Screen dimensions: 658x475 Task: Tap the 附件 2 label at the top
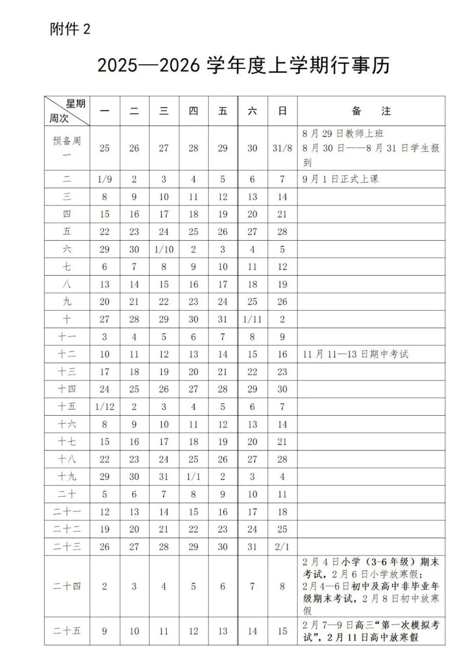70,29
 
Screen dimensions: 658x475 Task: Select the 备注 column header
371,111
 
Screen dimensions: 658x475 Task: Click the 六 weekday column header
252,111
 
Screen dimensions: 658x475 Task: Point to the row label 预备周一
67,147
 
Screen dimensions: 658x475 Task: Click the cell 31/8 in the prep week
282,148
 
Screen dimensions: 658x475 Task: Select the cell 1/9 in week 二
104,179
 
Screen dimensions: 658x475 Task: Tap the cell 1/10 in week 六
164,249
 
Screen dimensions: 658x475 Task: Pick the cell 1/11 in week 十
252,319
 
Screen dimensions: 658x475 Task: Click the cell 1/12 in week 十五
104,407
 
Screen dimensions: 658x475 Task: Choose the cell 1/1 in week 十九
193,477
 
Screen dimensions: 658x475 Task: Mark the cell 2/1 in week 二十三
282,547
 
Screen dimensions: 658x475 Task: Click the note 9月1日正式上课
340,179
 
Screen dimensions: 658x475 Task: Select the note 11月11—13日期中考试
355,354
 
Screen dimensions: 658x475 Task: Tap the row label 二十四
67,586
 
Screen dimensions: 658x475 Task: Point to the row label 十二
67,354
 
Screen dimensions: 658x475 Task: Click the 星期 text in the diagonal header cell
75,104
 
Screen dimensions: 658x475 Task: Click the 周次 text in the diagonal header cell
59,118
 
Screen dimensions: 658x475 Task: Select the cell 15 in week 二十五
282,631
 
